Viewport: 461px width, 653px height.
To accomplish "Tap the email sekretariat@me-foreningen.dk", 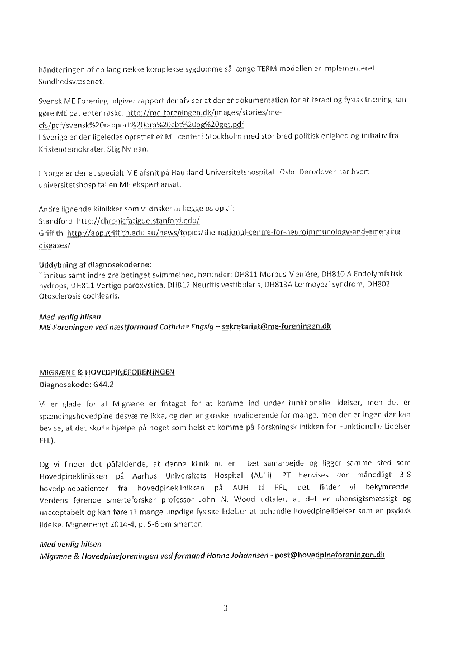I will (276, 326).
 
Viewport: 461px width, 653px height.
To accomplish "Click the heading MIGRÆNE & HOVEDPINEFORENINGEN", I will (107, 372).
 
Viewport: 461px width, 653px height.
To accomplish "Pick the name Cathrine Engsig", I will (188, 326).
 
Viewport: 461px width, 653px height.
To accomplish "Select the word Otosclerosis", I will (61, 296).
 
